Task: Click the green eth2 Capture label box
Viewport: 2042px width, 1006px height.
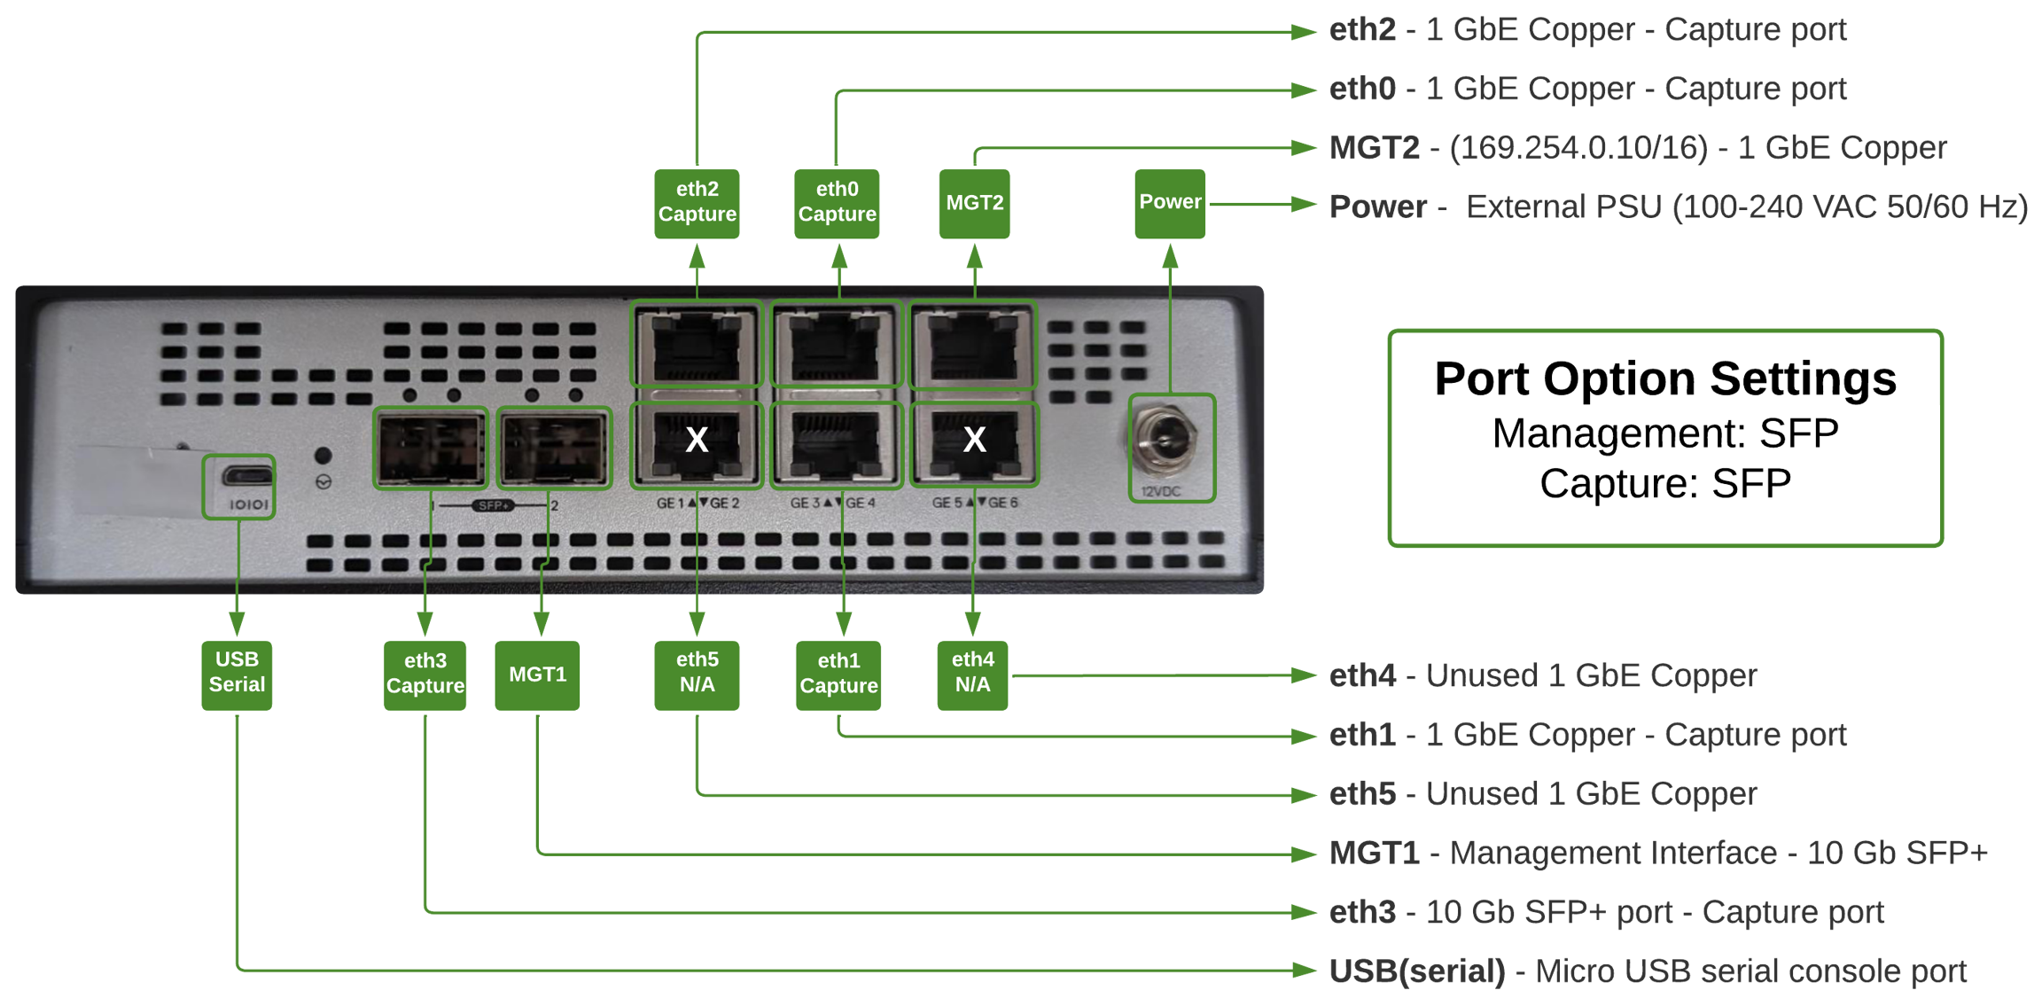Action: (697, 203)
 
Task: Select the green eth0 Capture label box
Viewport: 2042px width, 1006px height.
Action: (837, 203)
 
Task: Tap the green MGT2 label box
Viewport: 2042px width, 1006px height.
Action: (974, 203)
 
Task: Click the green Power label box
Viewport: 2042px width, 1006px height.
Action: (1170, 203)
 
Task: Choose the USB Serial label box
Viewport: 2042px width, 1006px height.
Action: (237, 674)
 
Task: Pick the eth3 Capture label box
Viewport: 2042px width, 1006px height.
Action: (425, 675)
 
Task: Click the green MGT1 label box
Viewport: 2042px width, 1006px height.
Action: (537, 675)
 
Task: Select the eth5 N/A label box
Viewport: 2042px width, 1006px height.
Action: (697, 674)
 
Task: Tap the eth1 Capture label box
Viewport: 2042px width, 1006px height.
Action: (838, 675)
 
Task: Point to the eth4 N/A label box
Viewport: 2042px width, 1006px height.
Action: (972, 674)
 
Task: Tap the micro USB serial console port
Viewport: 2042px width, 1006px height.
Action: (247, 476)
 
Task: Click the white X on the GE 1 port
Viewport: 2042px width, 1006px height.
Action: (697, 440)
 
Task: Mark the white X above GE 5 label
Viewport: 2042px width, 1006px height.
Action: (974, 440)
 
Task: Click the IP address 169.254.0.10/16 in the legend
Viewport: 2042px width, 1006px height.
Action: (1578, 148)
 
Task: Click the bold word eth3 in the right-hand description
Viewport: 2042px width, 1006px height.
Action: (1361, 912)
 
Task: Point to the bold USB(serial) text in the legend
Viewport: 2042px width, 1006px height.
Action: (1416, 971)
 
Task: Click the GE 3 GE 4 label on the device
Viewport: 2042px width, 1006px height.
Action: (833, 503)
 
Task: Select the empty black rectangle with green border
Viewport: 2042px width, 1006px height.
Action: (1665, 438)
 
